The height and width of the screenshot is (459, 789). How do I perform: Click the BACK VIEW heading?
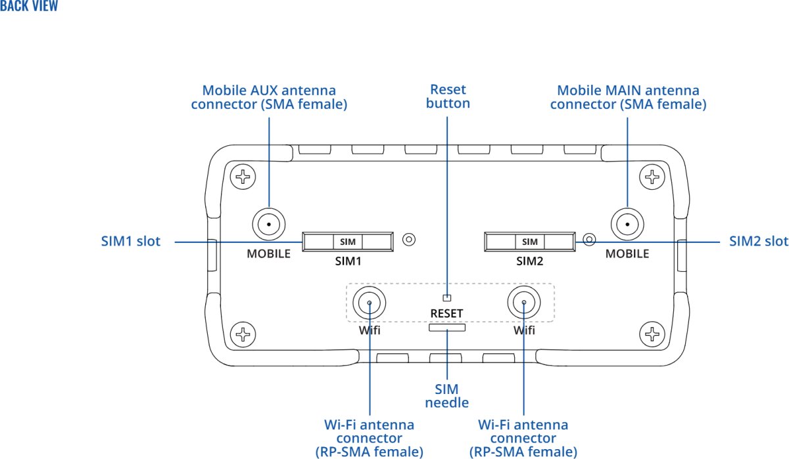29,7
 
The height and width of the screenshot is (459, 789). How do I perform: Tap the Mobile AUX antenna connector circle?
268,225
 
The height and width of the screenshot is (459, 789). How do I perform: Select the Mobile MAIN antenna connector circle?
627,225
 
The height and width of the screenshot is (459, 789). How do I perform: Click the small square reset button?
447,297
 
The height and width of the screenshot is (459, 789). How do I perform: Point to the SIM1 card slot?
347,242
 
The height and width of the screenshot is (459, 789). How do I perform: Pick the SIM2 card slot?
529,242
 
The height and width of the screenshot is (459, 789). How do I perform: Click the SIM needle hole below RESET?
447,326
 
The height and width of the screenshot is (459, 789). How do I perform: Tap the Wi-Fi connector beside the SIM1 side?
370,303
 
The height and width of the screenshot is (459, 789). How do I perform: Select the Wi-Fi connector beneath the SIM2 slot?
524,303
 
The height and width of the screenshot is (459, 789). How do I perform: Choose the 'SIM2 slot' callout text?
758,241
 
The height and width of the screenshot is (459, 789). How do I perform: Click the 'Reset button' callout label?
448,96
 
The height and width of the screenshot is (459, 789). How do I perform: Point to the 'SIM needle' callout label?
447,396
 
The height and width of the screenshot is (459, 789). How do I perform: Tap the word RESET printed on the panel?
447,313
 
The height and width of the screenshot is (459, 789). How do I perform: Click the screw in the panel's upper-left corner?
243,176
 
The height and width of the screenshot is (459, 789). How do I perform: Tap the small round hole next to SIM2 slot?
590,239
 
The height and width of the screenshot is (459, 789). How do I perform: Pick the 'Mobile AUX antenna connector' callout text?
269,97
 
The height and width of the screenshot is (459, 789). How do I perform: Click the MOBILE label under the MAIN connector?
627,253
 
